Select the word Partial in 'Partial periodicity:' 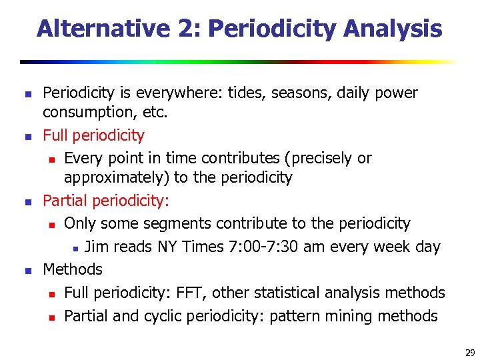[65, 201]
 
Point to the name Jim [97, 247]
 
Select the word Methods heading [73, 269]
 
